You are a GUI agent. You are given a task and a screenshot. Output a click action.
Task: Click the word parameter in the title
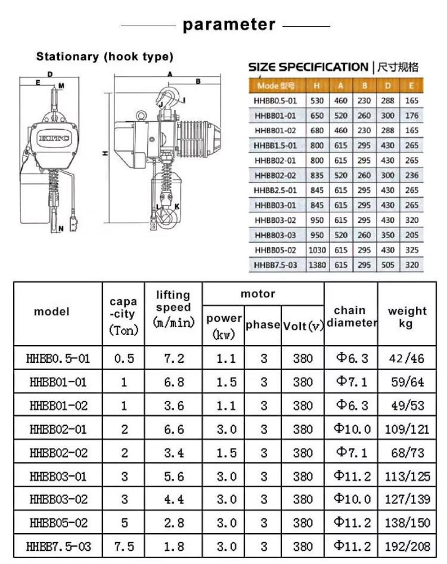[x=228, y=25]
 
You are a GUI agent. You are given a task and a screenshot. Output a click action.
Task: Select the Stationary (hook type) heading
[x=104, y=56]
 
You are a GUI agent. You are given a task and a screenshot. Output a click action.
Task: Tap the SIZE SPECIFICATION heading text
[x=308, y=67]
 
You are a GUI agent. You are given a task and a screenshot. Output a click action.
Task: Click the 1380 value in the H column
[x=317, y=265]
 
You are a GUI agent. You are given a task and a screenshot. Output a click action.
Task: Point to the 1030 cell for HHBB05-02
[x=317, y=250]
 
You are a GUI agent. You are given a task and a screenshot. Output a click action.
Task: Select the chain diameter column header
[x=350, y=317]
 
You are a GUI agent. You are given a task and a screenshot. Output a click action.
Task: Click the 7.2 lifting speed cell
[x=173, y=359]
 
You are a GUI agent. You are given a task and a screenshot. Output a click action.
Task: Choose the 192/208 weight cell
[x=407, y=547]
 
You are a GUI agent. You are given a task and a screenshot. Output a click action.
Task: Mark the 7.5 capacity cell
[x=124, y=547]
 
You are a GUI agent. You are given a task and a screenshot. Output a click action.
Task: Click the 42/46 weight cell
[x=407, y=359]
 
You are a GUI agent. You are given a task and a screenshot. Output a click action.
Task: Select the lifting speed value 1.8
[x=173, y=547]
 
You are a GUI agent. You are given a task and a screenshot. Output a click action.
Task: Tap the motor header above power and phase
[x=258, y=294]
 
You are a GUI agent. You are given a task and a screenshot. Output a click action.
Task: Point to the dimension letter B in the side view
[x=198, y=81]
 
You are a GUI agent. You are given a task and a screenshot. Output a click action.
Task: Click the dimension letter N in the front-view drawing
[x=61, y=228]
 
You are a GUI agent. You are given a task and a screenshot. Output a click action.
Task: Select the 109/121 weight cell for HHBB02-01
[x=407, y=429]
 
